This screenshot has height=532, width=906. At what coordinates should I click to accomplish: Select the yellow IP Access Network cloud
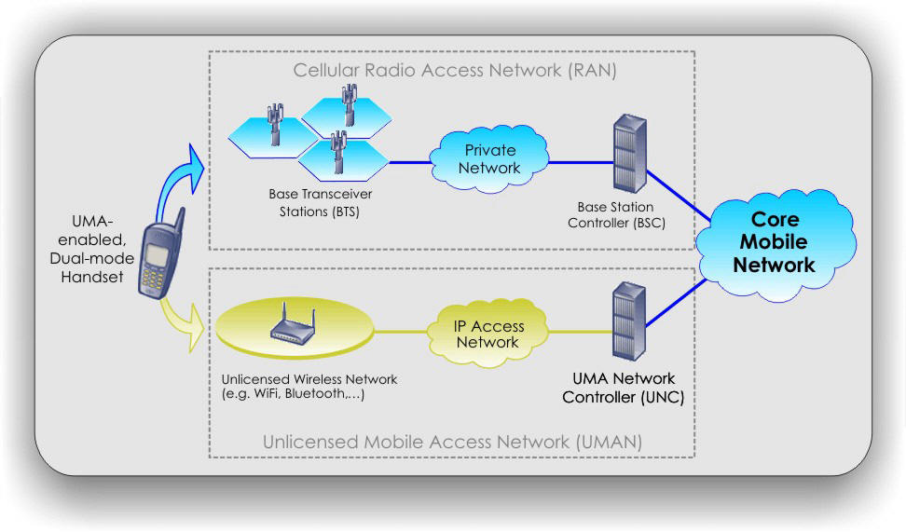coord(487,334)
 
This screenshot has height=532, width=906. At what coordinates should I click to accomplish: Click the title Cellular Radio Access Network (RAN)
coord(454,70)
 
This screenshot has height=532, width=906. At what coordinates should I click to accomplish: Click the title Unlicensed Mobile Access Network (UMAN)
coord(452,442)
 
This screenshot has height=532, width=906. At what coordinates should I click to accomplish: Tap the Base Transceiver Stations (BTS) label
coord(311,205)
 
